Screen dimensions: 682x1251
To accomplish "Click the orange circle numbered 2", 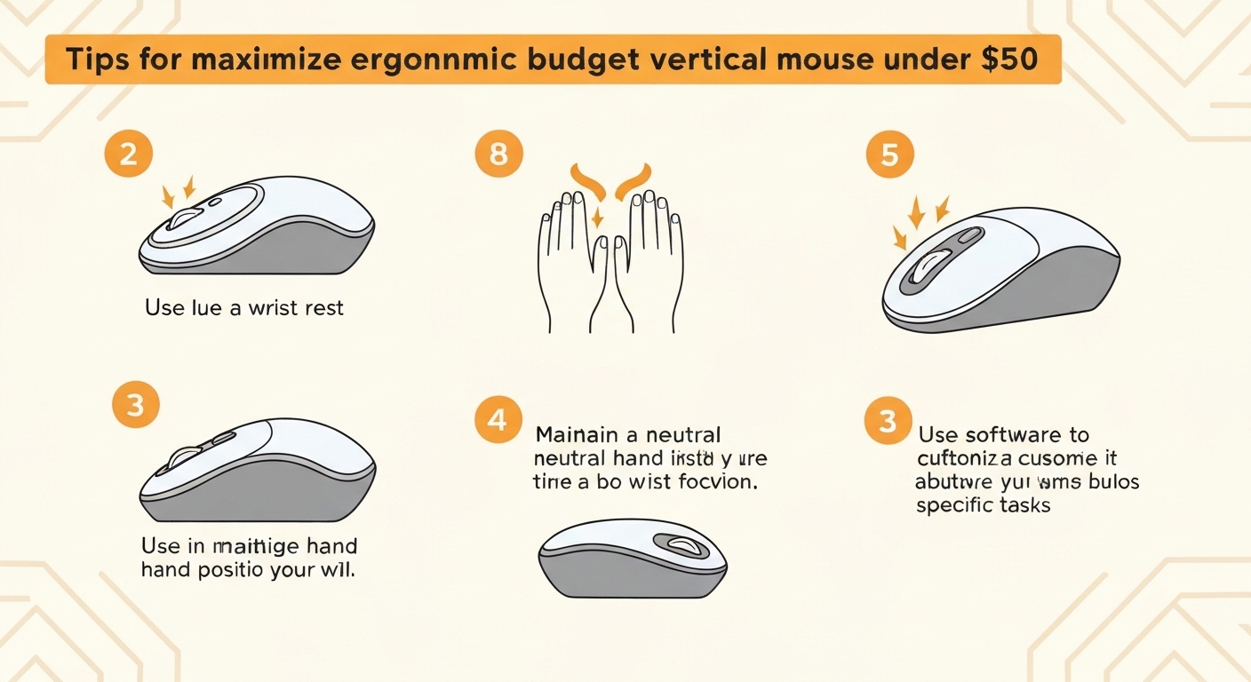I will (x=128, y=155).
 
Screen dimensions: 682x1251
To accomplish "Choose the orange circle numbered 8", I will (x=498, y=155).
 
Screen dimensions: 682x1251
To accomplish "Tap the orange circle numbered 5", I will (x=889, y=155).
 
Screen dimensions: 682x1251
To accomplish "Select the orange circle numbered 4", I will (x=498, y=419).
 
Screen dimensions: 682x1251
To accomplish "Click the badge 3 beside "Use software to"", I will (x=888, y=420).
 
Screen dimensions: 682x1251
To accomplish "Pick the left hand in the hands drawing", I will (x=569, y=258).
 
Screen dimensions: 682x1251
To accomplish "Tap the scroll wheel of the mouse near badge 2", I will (x=185, y=218).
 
